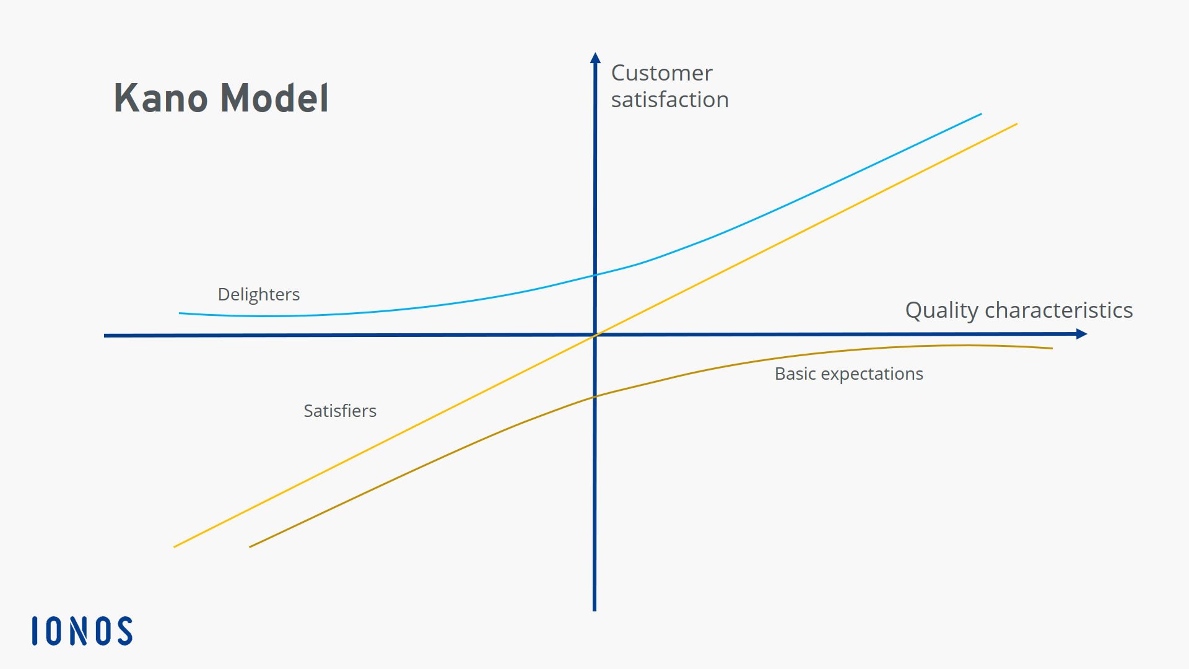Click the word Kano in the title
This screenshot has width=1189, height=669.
point(160,98)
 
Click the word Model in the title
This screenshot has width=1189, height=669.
point(274,98)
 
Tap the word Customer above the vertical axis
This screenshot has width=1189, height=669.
point(661,73)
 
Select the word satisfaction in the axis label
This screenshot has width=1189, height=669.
point(669,100)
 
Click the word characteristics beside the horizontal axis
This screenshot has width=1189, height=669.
point(1058,310)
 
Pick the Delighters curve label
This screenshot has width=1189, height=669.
point(259,295)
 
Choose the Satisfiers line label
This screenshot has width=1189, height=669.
point(340,411)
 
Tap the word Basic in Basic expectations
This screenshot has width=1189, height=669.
point(795,374)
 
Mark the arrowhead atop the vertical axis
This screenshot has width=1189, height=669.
point(595,58)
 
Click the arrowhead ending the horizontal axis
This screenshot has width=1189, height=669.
point(1082,334)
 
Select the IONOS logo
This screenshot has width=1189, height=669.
point(82,631)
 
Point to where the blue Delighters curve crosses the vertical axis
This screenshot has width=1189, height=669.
point(595,275)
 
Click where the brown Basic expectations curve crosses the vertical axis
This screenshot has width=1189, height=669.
point(594,396)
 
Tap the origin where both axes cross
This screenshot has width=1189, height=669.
point(595,335)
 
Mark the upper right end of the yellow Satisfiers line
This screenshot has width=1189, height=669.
point(1017,124)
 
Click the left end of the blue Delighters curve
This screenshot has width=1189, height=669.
point(180,313)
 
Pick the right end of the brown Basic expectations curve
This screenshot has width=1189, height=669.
point(1052,348)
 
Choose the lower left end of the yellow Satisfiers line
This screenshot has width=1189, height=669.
point(174,547)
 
